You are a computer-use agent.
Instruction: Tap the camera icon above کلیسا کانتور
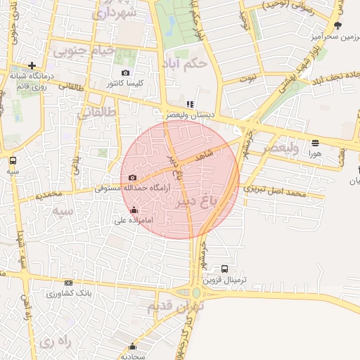point(125,73)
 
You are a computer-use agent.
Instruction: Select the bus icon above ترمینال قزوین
point(224,269)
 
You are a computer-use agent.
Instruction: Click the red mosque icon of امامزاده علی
point(134,210)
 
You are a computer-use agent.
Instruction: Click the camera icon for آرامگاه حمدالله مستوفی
point(132,178)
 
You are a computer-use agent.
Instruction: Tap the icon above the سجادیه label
point(132,347)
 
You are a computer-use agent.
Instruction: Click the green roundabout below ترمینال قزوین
point(195,292)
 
